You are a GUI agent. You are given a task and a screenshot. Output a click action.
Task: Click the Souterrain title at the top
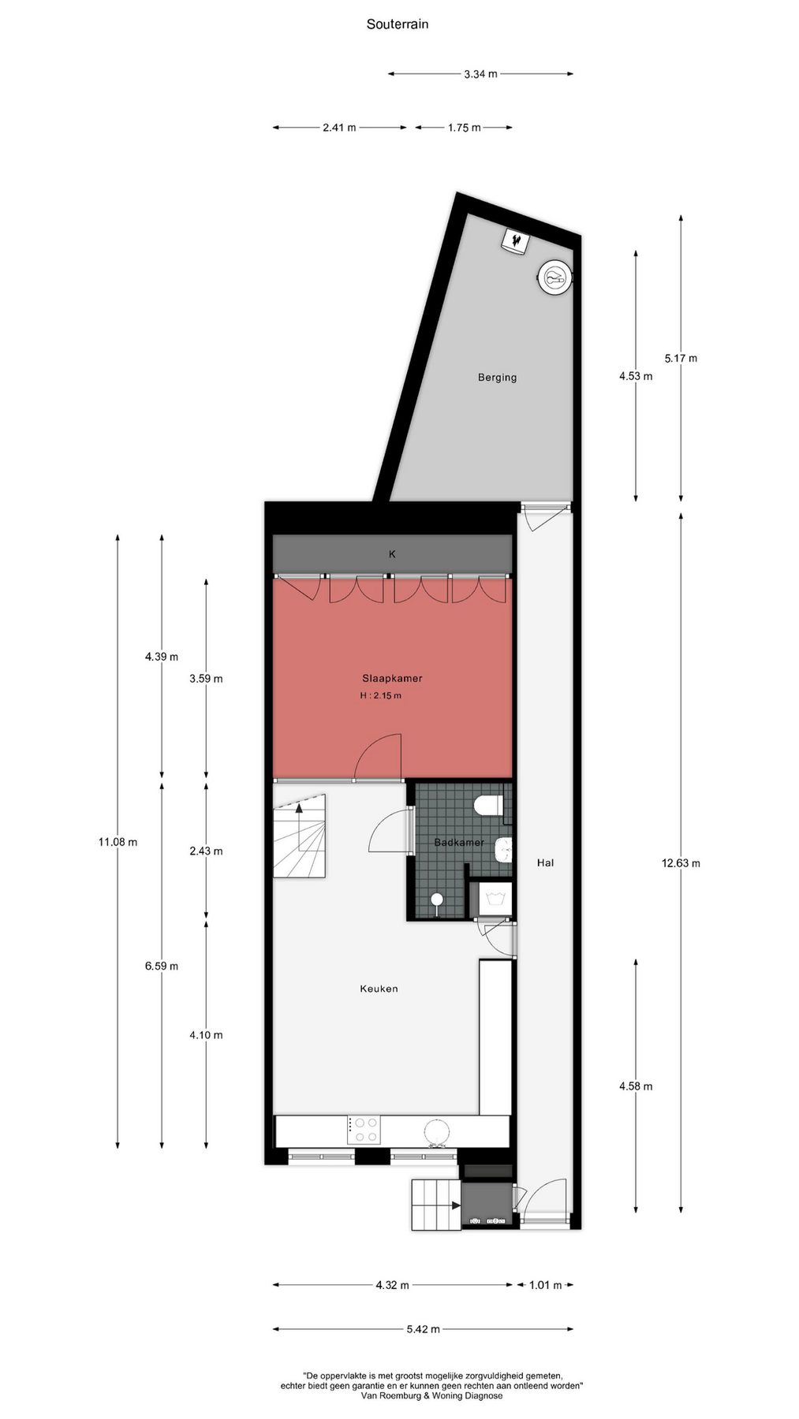tap(398, 24)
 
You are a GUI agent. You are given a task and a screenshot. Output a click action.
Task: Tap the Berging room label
tap(497, 378)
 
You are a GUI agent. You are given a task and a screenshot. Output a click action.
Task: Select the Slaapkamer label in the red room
tap(392, 678)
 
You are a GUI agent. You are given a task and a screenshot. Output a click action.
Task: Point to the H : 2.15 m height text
tap(380, 695)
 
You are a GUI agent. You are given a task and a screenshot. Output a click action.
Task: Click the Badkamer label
tap(459, 842)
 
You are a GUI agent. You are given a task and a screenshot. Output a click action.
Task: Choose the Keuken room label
tap(379, 989)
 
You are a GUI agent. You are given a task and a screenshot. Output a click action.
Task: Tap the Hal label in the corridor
tap(545, 862)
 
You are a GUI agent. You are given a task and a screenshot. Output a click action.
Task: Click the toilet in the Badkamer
tap(490, 806)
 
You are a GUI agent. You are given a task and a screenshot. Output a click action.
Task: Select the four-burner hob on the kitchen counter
tap(364, 1130)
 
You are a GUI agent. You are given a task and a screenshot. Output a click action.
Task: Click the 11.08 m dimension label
tap(118, 842)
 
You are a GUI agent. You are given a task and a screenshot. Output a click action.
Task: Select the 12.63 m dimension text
tap(681, 862)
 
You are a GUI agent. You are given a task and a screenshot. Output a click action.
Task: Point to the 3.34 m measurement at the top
tap(480, 74)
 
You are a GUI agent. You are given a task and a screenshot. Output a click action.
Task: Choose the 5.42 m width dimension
tap(423, 1329)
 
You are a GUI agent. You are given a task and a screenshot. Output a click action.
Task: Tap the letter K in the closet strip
tap(392, 554)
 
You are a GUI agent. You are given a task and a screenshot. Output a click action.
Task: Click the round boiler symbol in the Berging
tap(555, 277)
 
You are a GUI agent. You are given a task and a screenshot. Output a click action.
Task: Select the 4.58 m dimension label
tap(636, 1086)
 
